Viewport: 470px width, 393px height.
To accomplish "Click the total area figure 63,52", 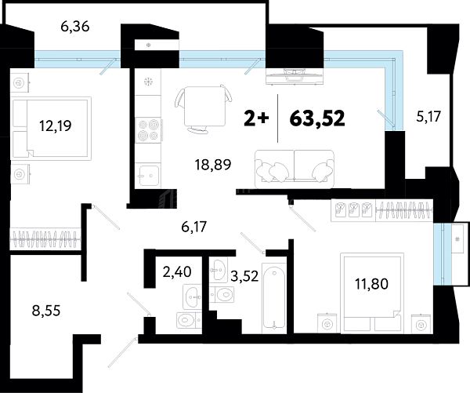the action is click(x=317, y=118).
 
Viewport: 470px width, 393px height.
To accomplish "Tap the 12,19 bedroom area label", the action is click(x=56, y=126).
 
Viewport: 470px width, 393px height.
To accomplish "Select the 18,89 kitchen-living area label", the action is click(x=213, y=165).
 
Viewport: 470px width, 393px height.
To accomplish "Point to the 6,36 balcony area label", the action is click(x=75, y=27).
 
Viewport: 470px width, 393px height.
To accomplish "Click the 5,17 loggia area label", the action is click(x=428, y=117).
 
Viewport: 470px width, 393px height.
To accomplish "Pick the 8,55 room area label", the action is click(x=46, y=311).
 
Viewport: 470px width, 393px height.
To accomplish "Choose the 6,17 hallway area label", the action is click(x=194, y=227).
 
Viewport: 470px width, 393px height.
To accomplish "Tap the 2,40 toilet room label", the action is click(x=177, y=272).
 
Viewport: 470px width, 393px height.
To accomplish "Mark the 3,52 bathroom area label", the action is click(x=244, y=276).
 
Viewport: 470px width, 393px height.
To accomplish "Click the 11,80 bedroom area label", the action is click(x=371, y=284).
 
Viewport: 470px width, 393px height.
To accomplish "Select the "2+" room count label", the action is click(x=256, y=118).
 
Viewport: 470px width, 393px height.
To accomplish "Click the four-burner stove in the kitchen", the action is click(x=149, y=130).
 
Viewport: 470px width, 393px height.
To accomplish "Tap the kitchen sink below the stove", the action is click(x=149, y=176).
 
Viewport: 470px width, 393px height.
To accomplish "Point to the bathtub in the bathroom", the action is click(x=274, y=298).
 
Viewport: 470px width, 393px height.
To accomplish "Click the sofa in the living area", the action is click(x=295, y=169).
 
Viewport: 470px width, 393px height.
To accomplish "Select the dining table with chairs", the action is click(x=204, y=109).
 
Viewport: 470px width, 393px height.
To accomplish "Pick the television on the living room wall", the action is click(x=295, y=76).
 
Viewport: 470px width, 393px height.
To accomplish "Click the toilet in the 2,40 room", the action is click(x=189, y=321).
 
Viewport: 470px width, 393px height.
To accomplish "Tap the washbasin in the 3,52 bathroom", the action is click(x=218, y=270).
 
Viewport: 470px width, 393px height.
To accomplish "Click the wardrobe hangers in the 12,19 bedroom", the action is click(x=45, y=238).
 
